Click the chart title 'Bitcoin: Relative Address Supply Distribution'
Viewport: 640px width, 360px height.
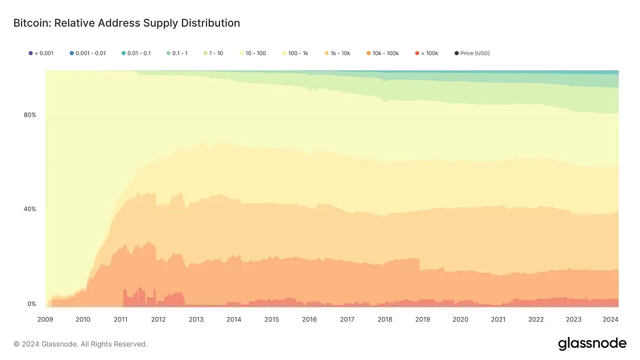pyautogui.click(x=126, y=23)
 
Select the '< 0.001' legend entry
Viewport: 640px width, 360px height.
pyautogui.click(x=41, y=54)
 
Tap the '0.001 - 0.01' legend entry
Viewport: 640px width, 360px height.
pyautogui.click(x=88, y=54)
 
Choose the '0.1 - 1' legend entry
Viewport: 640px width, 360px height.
pyautogui.click(x=176, y=54)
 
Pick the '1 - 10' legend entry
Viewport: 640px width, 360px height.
pyautogui.click(x=213, y=54)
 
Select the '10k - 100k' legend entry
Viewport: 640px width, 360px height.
pyautogui.click(x=382, y=54)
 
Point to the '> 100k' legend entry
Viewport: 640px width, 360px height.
pyautogui.click(x=426, y=54)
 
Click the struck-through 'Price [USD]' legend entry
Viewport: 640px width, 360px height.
pyautogui.click(x=472, y=54)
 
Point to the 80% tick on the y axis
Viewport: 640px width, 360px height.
pyautogui.click(x=30, y=115)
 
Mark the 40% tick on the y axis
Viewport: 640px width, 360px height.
pyautogui.click(x=30, y=209)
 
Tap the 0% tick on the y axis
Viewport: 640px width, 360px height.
pyautogui.click(x=31, y=304)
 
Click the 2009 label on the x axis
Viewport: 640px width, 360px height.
pyautogui.click(x=45, y=319)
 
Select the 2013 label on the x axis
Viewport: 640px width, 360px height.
pyautogui.click(x=196, y=319)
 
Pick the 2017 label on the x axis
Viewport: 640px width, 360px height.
pyautogui.click(x=347, y=319)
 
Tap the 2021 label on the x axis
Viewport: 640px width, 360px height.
pyautogui.click(x=498, y=319)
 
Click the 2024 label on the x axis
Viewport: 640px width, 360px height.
pyautogui.click(x=611, y=319)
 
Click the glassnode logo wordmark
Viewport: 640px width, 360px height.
pyautogui.click(x=592, y=344)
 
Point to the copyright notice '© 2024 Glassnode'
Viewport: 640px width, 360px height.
pyautogui.click(x=80, y=344)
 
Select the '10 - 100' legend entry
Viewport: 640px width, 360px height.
pyautogui.click(x=252, y=54)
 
